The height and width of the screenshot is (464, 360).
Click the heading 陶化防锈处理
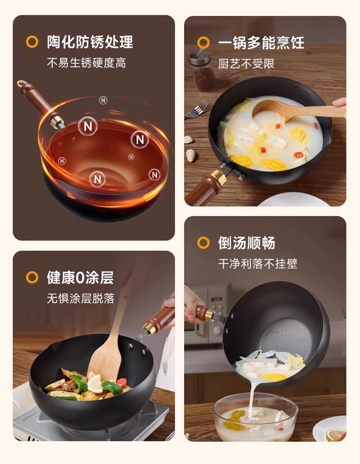[x=90, y=42]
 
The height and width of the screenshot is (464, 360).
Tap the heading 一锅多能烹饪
[x=261, y=42]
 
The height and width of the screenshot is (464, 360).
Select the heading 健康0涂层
[x=80, y=278]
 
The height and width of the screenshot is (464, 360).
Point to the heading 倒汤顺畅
[x=247, y=243]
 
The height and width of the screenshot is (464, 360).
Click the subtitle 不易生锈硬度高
[x=87, y=63]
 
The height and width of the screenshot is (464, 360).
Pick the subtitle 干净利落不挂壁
[x=257, y=263]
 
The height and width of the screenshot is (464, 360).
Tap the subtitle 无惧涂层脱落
[x=81, y=298]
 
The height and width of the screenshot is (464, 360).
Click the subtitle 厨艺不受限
[x=246, y=64]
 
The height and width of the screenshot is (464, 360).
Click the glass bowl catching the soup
[x=255, y=417]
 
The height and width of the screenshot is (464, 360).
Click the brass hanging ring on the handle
[x=21, y=83]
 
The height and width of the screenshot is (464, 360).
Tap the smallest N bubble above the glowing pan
[x=103, y=101]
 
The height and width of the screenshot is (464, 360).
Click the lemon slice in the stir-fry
[x=95, y=384]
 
